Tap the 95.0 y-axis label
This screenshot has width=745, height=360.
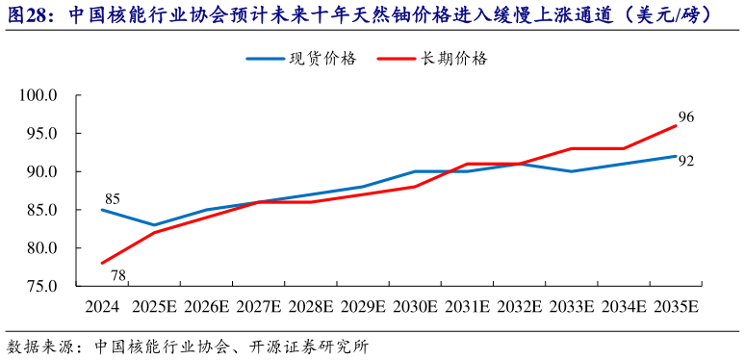pyautogui.click(x=41, y=134)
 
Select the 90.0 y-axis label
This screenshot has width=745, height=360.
pyautogui.click(x=41, y=172)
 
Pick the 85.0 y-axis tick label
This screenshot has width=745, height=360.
pyautogui.click(x=41, y=210)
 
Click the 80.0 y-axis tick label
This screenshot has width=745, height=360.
pyautogui.click(x=41, y=248)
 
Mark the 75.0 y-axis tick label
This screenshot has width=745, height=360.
pyautogui.click(x=41, y=286)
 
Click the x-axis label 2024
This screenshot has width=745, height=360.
pyautogui.click(x=102, y=307)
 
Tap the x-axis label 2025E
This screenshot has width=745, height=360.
pyautogui.click(x=154, y=307)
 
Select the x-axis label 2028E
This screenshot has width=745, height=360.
pyautogui.click(x=310, y=307)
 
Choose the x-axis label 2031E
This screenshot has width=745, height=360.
pyautogui.click(x=467, y=307)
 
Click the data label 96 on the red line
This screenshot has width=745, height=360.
pyautogui.click(x=685, y=117)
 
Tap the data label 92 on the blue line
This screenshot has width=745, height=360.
pyautogui.click(x=685, y=161)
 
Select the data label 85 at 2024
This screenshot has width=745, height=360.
pyautogui.click(x=112, y=200)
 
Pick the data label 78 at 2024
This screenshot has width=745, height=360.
pyautogui.click(x=118, y=276)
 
